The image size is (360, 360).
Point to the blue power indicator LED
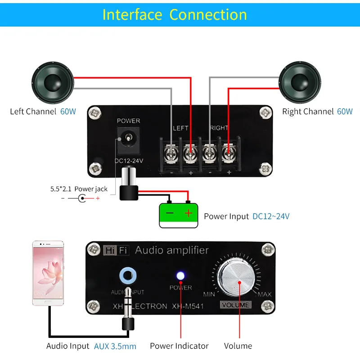pyautogui.click(x=180, y=276)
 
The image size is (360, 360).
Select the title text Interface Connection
pyautogui.click(x=175, y=14)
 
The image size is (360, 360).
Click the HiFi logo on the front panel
pyautogui.click(x=115, y=250)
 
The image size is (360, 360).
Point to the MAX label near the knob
pyautogui.click(x=265, y=295)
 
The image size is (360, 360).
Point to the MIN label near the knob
pyautogui.click(x=209, y=295)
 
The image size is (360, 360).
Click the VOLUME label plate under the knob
pyautogui.click(x=235, y=305)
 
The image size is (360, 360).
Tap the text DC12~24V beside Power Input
pyautogui.click(x=271, y=216)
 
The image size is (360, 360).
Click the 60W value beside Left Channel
pyautogui.click(x=68, y=112)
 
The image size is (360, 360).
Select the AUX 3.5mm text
pyautogui.click(x=115, y=346)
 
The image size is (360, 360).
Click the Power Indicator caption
pyautogui.click(x=179, y=346)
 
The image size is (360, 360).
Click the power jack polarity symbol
pyautogui.click(x=81, y=198)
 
